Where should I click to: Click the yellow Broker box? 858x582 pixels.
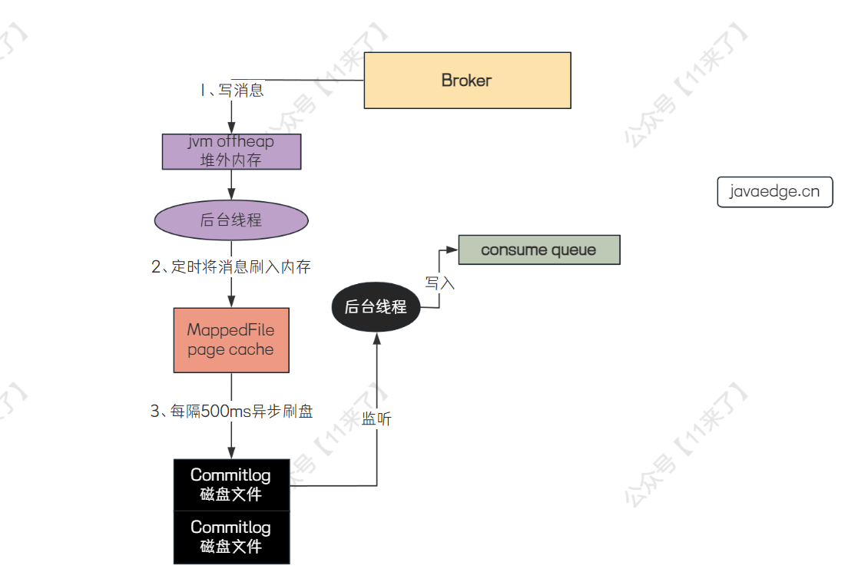(467, 81)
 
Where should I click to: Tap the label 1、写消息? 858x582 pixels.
(231, 90)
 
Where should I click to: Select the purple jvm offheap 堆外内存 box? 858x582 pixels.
(231, 151)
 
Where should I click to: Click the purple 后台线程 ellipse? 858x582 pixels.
(231, 220)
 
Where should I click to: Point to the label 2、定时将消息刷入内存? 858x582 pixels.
(231, 267)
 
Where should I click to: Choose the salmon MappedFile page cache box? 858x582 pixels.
(231, 340)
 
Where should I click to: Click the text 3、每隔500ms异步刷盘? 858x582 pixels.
(231, 412)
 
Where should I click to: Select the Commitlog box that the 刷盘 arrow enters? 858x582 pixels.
(231, 484)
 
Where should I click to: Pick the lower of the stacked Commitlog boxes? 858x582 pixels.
(231, 537)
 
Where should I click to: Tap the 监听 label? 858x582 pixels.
(377, 420)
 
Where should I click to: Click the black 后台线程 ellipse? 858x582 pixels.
(376, 307)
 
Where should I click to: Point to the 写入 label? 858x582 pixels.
(440, 283)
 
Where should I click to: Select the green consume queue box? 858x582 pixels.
(538, 250)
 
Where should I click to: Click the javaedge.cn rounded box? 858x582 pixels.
(775, 192)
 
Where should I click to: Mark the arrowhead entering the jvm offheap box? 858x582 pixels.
(231, 129)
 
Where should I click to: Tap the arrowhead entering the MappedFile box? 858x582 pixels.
(231, 302)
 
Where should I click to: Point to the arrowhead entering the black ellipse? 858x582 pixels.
(377, 339)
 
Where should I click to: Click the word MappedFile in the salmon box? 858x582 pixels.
(230, 330)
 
